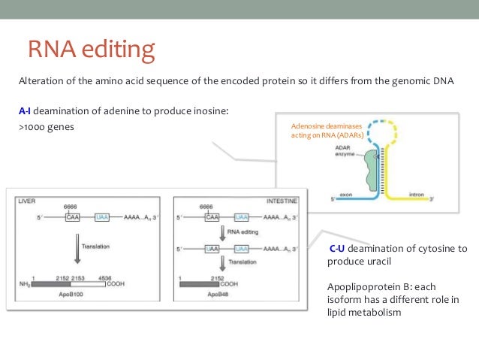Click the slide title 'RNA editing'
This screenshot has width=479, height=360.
91,50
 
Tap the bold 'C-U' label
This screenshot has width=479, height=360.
337,249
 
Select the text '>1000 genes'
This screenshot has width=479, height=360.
46,127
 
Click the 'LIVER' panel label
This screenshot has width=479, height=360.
27,201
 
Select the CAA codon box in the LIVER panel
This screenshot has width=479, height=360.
72,216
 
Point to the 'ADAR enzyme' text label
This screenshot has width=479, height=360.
346,151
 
